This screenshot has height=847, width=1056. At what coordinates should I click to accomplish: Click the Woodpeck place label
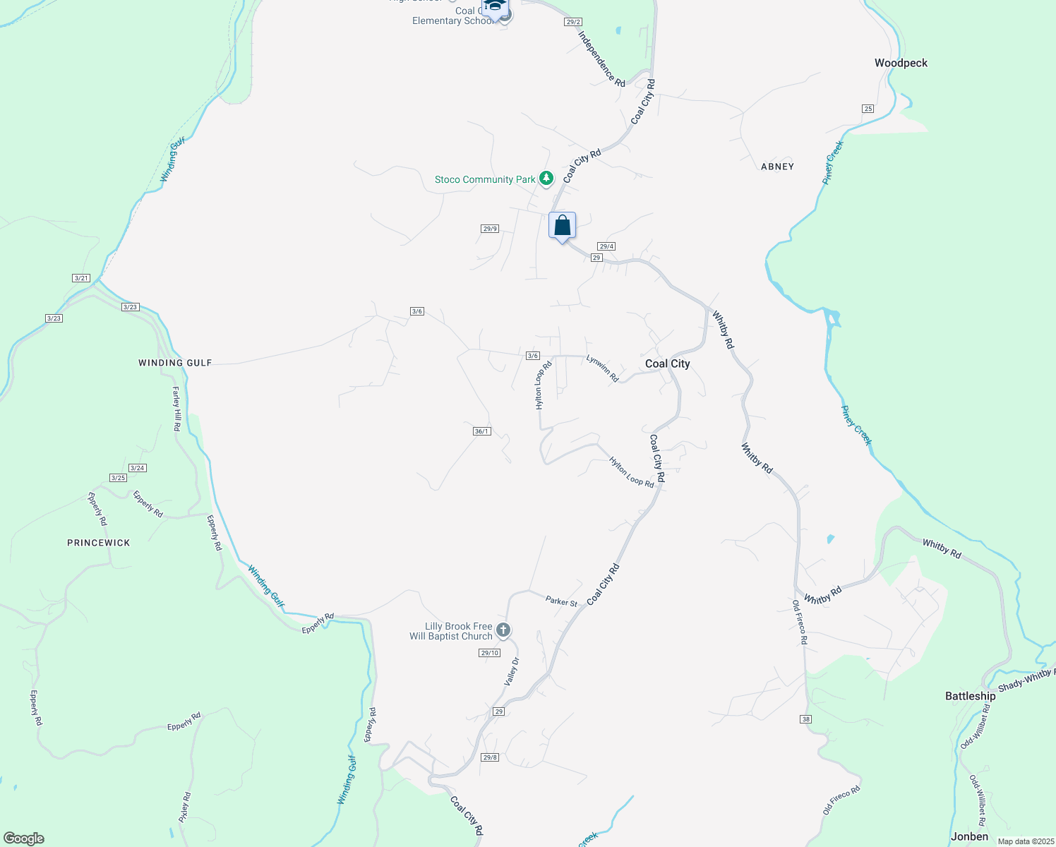(x=901, y=63)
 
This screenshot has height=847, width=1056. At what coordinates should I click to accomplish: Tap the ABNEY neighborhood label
(x=777, y=167)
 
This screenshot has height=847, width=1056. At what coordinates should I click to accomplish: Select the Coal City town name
(x=667, y=364)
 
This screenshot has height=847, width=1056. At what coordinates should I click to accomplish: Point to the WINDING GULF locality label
(x=175, y=363)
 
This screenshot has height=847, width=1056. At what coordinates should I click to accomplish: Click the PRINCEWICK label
(x=99, y=543)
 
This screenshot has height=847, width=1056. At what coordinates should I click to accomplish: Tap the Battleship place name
(x=970, y=696)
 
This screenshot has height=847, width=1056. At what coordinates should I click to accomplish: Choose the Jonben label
(x=969, y=836)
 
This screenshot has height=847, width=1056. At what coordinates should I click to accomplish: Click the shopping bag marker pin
(x=562, y=227)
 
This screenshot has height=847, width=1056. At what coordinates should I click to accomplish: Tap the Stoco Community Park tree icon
(x=546, y=179)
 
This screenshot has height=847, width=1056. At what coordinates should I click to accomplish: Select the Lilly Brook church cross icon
(x=503, y=630)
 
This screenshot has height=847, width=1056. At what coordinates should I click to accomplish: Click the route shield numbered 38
(x=806, y=719)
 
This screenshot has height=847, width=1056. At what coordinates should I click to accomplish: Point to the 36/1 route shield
(x=481, y=431)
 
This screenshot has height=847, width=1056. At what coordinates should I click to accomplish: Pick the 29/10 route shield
(x=489, y=653)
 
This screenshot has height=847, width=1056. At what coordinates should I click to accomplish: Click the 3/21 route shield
(x=81, y=278)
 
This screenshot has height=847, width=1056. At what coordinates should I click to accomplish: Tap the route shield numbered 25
(x=868, y=108)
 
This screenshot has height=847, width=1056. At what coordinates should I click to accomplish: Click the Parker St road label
(x=561, y=601)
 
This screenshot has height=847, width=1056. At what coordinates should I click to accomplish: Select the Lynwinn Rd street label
(x=602, y=368)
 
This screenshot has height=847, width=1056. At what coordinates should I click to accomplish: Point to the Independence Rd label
(x=601, y=59)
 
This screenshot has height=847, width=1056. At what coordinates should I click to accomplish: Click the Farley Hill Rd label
(x=176, y=409)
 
